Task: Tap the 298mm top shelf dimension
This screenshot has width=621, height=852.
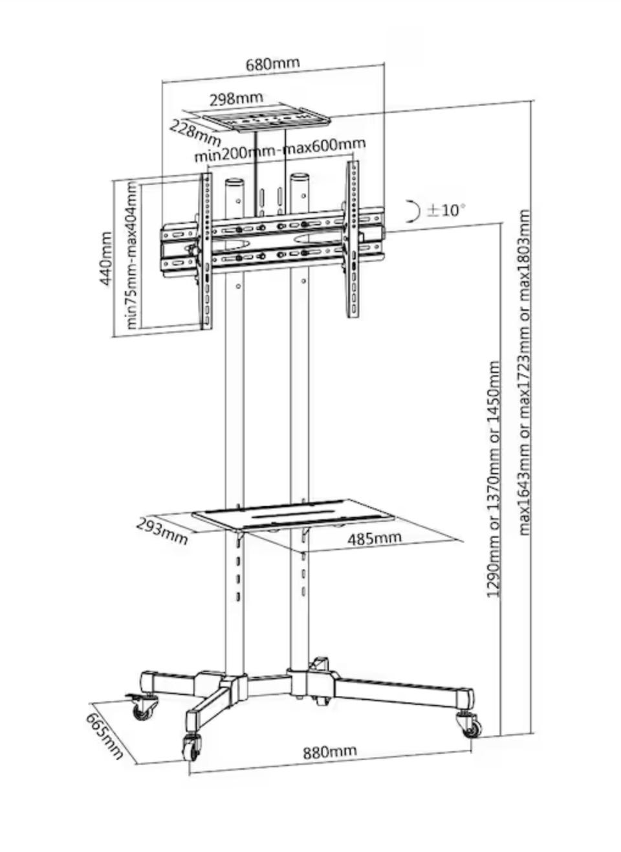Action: [236, 98]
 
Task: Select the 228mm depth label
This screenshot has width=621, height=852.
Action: [195, 132]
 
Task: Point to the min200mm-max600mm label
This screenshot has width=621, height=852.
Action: [280, 150]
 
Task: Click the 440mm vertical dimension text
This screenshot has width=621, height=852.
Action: [105, 259]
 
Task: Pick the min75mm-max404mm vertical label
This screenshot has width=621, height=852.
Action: [131, 256]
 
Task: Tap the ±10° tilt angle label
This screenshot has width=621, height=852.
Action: [446, 210]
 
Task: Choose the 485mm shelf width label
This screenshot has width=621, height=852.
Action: [375, 538]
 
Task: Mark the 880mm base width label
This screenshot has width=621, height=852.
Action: [330, 752]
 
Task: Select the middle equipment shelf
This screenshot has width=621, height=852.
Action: [295, 515]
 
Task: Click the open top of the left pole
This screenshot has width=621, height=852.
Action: [235, 181]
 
